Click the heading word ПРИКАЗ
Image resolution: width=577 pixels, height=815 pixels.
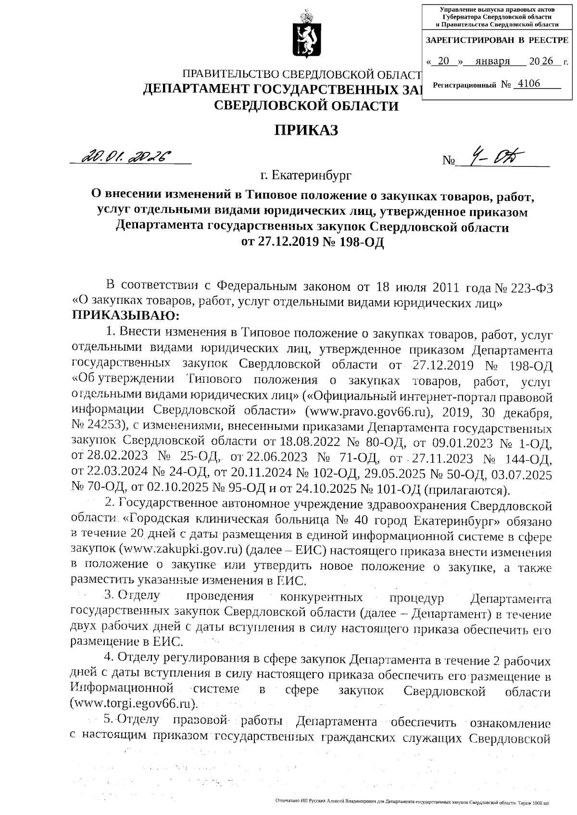pyautogui.click(x=306, y=130)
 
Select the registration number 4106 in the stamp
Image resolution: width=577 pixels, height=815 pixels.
pyautogui.click(x=527, y=84)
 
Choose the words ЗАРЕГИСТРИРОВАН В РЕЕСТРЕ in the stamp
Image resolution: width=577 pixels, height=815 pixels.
pyautogui.click(x=497, y=40)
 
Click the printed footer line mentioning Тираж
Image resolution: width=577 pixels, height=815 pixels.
pyautogui.click(x=411, y=802)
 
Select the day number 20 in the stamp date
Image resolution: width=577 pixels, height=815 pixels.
pyautogui.click(x=444, y=61)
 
